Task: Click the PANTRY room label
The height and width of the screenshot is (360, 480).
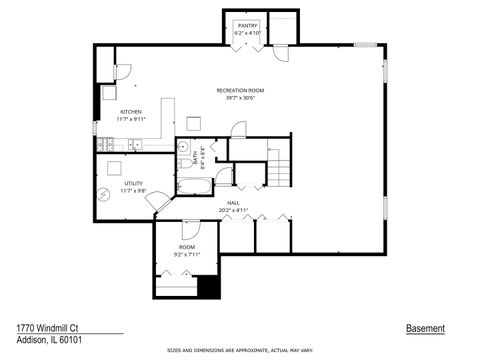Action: click(x=247, y=25)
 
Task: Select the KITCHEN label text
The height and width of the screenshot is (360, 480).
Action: click(x=131, y=111)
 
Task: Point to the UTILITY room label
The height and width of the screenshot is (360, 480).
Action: click(x=133, y=183)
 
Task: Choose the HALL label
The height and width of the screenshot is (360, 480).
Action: click(x=233, y=203)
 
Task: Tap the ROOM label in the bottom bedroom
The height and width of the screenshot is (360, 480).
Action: click(x=187, y=247)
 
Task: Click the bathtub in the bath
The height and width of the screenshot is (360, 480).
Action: click(x=194, y=186)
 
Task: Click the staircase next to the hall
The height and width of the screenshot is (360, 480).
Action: click(x=279, y=165)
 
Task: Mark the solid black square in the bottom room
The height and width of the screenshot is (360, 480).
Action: click(x=208, y=287)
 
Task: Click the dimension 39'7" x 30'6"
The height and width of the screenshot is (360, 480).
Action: click(x=240, y=98)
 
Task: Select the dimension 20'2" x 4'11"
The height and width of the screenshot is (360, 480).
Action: click(x=233, y=211)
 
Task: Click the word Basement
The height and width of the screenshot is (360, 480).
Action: click(x=425, y=328)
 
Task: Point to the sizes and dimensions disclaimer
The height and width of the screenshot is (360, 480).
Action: click(x=240, y=351)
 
